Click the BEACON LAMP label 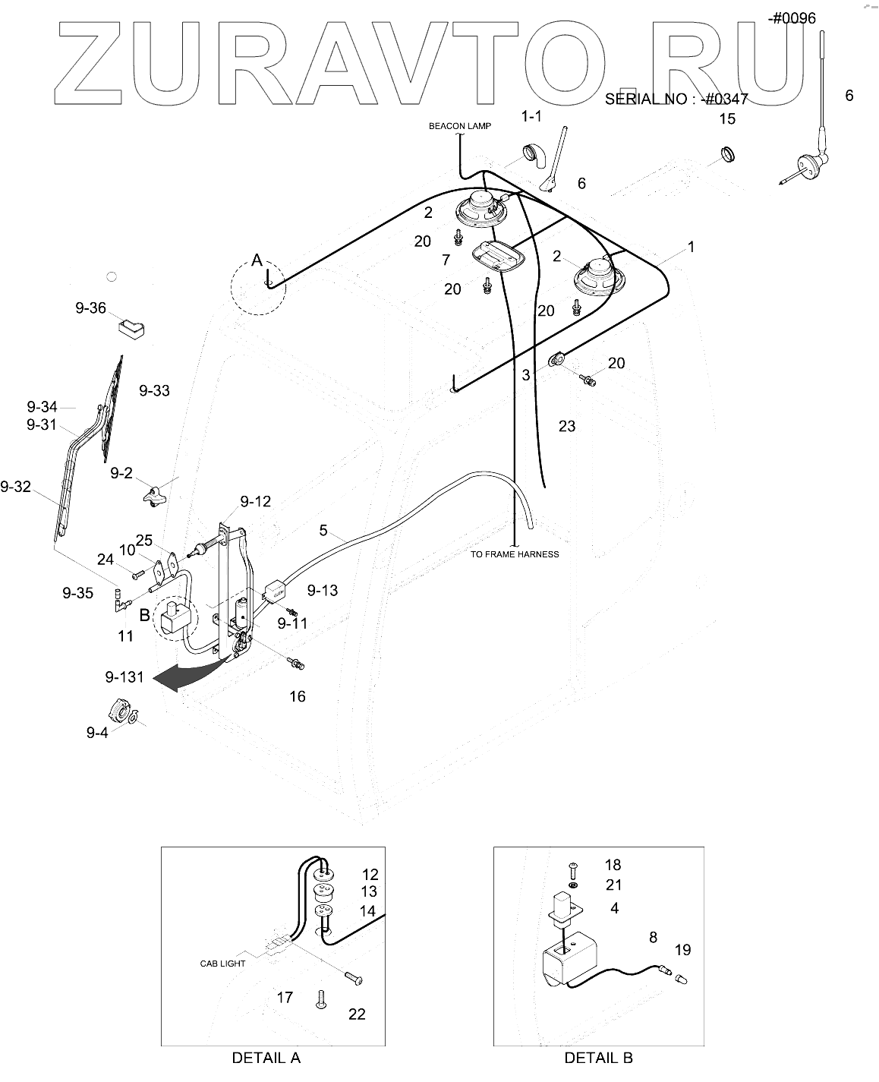click(x=459, y=126)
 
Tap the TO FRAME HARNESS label click(x=514, y=554)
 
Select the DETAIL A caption click(x=266, y=1058)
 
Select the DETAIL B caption click(x=598, y=1058)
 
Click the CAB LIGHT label click(x=223, y=964)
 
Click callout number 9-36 click(x=90, y=308)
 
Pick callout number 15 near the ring click(x=727, y=119)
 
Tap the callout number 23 click(x=567, y=427)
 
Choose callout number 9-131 click(x=124, y=677)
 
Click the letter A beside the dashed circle click(x=257, y=261)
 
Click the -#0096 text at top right click(x=792, y=19)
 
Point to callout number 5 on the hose click(x=323, y=531)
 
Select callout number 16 click(x=298, y=696)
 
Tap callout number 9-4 click(x=97, y=733)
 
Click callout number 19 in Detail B click(x=682, y=950)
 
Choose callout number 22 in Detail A click(x=356, y=1014)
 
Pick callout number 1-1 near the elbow click(x=531, y=117)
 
